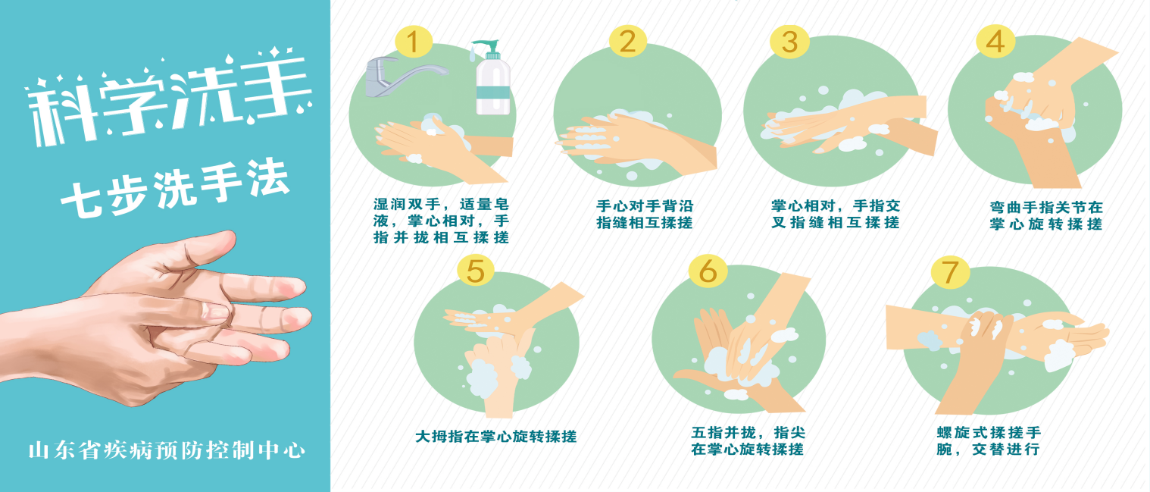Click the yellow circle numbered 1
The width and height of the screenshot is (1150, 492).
(x=414, y=42)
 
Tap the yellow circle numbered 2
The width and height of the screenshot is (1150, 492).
(x=628, y=41)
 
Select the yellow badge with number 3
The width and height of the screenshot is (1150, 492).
(x=789, y=42)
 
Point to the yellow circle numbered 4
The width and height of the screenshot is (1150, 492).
(x=995, y=41)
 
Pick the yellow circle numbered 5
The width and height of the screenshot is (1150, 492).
(x=476, y=270)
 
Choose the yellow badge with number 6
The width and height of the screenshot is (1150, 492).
(x=708, y=270)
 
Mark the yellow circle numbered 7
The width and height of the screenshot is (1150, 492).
(x=950, y=271)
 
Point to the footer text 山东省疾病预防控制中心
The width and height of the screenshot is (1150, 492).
(x=167, y=450)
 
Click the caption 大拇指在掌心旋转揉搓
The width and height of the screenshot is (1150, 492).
(x=496, y=437)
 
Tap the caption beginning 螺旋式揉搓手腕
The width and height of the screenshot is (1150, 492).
(x=989, y=440)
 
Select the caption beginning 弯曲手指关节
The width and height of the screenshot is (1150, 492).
(x=1045, y=216)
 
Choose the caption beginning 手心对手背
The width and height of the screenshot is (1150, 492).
(x=644, y=214)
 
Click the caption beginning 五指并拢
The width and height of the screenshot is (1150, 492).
(x=748, y=440)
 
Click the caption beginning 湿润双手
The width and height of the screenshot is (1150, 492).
(x=441, y=221)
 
